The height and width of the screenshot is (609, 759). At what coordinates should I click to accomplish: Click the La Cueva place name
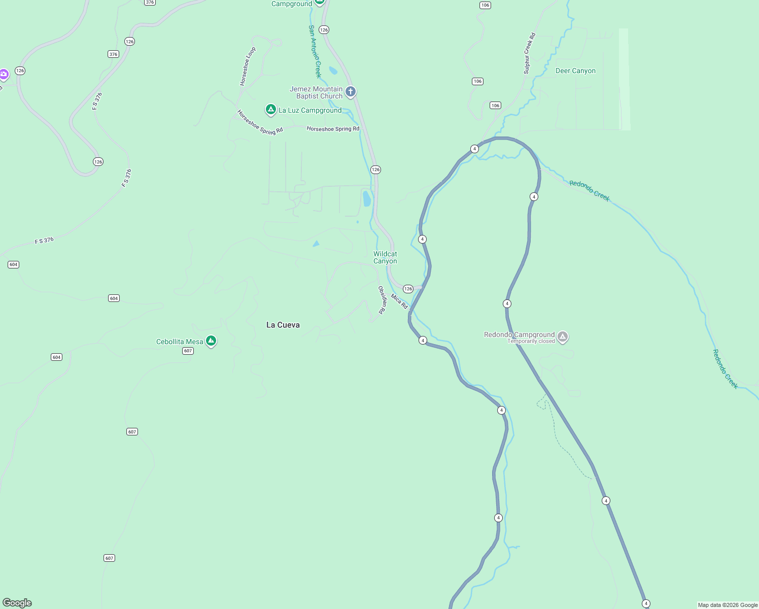point(283,325)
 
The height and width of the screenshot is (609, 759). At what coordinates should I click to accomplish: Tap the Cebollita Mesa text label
point(180,342)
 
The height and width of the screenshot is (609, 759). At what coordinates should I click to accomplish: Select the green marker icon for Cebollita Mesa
point(211,341)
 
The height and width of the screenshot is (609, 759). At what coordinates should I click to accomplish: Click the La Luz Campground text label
point(310,110)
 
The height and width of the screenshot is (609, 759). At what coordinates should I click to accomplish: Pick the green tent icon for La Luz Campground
point(271,109)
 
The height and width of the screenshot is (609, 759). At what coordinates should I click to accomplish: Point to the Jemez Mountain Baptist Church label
point(317,92)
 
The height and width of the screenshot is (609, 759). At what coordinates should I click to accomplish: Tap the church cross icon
point(351,92)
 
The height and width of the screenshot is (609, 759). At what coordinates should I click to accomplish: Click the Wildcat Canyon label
point(385,257)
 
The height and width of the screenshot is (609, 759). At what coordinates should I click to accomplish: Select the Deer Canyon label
point(575,71)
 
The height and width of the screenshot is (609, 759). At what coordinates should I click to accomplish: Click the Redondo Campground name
point(519,334)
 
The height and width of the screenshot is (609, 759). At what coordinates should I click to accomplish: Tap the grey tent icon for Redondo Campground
point(563,336)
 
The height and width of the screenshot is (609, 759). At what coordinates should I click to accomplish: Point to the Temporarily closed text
point(531,342)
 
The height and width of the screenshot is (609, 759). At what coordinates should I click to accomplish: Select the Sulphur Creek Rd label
point(530,54)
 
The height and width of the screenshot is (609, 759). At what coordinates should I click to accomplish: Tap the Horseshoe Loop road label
point(248,66)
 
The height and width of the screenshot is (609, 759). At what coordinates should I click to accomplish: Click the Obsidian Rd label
point(382,300)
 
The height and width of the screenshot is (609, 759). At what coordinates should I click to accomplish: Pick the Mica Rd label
point(399,301)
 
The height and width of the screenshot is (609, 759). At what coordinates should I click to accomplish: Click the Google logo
point(17,603)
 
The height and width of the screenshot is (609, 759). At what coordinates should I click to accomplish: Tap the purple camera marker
point(4,75)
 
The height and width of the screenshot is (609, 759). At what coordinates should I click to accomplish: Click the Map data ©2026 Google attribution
point(728,605)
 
